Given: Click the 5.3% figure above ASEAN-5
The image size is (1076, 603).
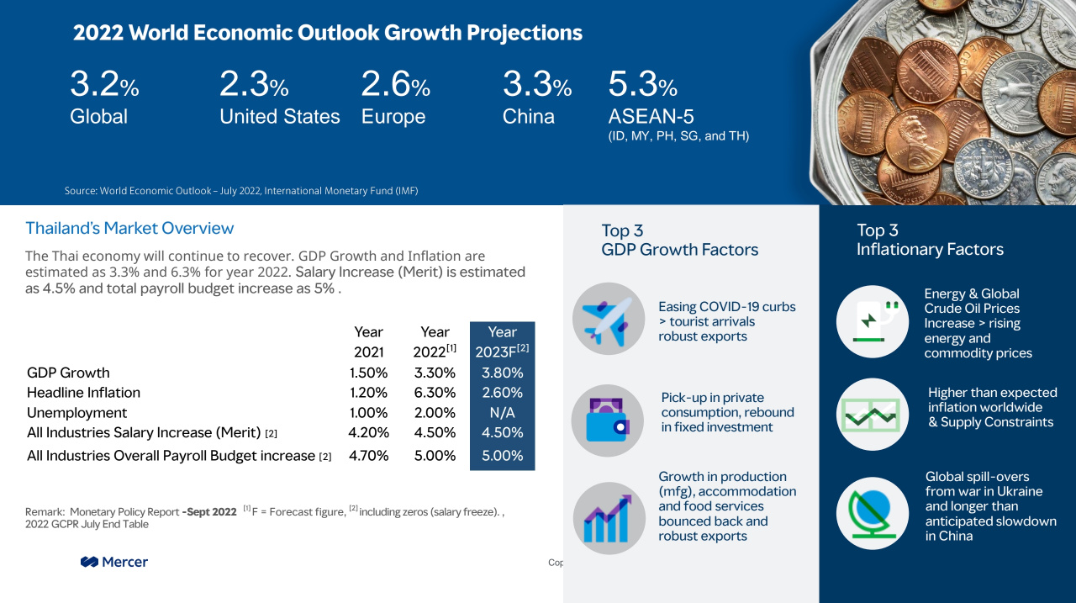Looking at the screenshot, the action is [x=643, y=83].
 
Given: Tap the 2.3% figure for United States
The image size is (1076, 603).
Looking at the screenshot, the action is [x=254, y=83].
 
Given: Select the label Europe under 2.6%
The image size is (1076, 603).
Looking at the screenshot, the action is [x=393, y=117].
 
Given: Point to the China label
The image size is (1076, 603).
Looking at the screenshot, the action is [x=529, y=116].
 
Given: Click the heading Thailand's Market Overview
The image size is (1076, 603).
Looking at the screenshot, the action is [x=129, y=228].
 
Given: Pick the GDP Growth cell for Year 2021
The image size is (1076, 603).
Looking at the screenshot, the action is [x=368, y=373].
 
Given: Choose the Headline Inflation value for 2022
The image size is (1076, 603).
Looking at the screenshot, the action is [x=435, y=393].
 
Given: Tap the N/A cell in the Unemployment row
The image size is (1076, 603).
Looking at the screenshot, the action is [x=503, y=413].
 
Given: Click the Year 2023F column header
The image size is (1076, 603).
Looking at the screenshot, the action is [x=503, y=341].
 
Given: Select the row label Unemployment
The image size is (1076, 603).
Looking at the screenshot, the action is [x=76, y=413].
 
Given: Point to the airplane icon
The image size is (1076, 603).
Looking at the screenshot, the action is [x=609, y=319].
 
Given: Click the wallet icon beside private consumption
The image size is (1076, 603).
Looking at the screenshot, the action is [x=608, y=421].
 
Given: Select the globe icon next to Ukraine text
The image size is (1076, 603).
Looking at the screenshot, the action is [x=873, y=513].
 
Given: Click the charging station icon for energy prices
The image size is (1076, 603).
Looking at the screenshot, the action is [x=873, y=321].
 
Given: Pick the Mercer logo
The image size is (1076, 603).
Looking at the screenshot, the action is [x=114, y=562].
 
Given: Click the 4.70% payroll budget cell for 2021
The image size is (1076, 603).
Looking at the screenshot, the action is [x=368, y=456].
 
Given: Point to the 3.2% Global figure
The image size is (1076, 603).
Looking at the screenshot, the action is [x=104, y=83].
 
